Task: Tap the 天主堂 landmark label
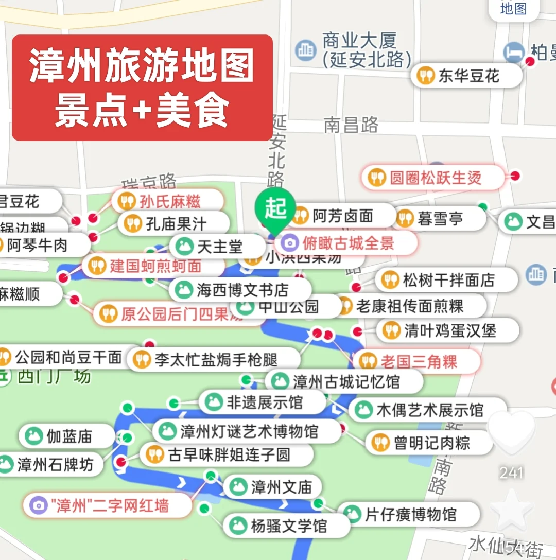click(218, 247)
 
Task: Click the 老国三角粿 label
click(418, 361)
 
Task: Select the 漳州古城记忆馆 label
click(345, 381)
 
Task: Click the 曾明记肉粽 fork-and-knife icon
click(380, 443)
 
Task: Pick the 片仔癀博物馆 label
click(409, 514)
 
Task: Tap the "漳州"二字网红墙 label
click(108, 505)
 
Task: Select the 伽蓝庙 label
click(68, 436)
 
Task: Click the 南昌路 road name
click(351, 125)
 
